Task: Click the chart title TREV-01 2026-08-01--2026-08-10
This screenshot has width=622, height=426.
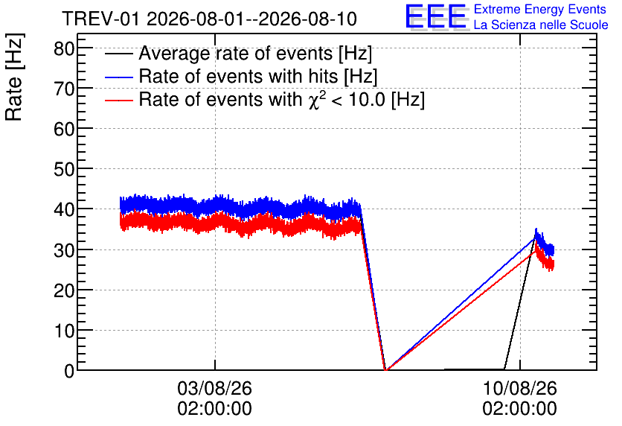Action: [210, 19]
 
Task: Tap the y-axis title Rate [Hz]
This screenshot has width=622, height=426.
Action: [14, 77]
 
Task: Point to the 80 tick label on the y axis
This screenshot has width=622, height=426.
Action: [64, 49]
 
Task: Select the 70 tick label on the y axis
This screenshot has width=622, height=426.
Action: [64, 89]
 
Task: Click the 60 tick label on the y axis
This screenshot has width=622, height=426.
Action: [64, 129]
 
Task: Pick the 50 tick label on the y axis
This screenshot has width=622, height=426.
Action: [64, 170]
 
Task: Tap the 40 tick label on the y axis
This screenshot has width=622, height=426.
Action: [64, 209]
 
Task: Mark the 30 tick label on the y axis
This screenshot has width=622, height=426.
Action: [64, 250]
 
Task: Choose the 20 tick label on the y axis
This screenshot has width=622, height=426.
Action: [64, 290]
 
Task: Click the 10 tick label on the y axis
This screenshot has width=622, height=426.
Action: [64, 331]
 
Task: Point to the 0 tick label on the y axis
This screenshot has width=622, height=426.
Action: [69, 371]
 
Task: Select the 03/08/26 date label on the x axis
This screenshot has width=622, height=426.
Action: [214, 388]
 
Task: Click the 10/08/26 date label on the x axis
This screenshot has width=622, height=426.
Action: [519, 388]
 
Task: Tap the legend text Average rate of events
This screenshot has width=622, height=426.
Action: [236, 53]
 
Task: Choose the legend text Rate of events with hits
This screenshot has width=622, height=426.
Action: [238, 76]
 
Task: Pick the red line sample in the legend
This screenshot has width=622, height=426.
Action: [119, 101]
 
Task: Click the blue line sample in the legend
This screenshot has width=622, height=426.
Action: [119, 77]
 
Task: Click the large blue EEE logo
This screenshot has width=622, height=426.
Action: [436, 16]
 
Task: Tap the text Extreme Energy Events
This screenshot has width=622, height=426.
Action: [540, 9]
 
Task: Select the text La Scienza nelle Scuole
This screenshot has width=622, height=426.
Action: [541, 25]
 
